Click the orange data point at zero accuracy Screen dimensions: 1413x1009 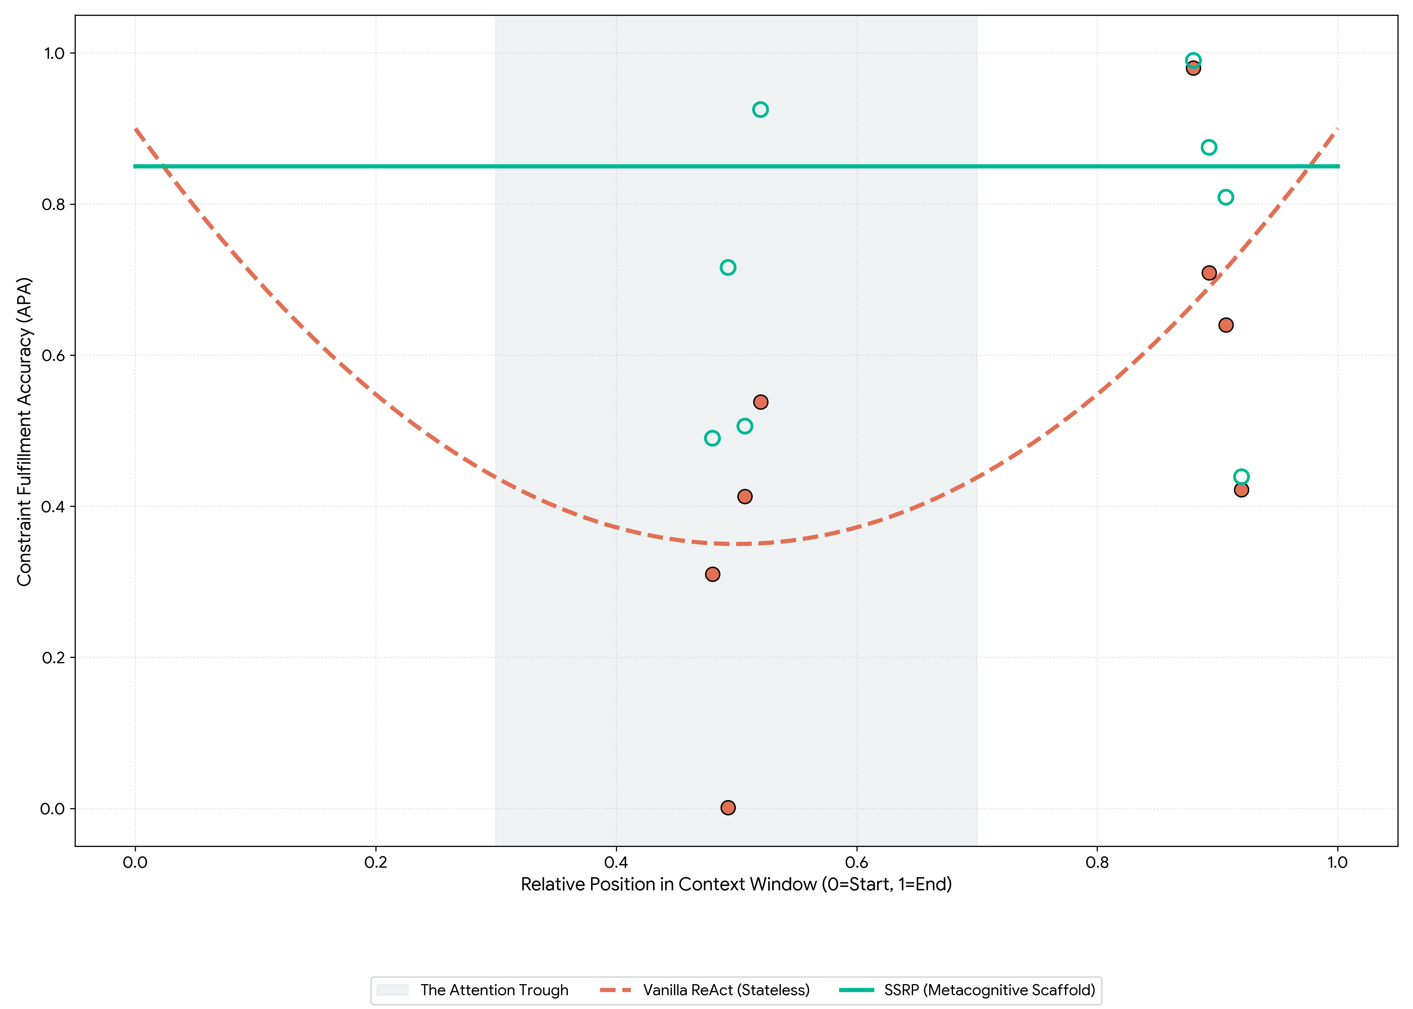pyautogui.click(x=728, y=807)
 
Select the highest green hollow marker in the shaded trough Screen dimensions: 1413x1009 pyautogui.click(x=760, y=109)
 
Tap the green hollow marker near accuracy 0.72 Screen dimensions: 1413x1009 pyautogui.click(x=728, y=267)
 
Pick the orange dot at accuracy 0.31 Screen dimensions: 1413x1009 pyautogui.click(x=712, y=574)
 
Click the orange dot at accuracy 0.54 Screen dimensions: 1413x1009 pyautogui.click(x=760, y=402)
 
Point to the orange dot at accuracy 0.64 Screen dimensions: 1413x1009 pyautogui.click(x=1225, y=325)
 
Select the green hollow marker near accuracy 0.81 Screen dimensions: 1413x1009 pyautogui.click(x=1225, y=197)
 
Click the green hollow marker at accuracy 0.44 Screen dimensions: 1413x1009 pyautogui.click(x=1241, y=477)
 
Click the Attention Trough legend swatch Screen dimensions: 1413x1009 pyautogui.click(x=392, y=990)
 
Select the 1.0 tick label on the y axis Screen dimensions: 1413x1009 pyautogui.click(x=54, y=53)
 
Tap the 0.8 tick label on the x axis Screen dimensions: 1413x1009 pyautogui.click(x=1097, y=862)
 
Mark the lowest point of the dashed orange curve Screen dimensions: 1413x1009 pyautogui.click(x=736, y=544)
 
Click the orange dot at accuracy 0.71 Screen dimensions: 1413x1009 pyautogui.click(x=1208, y=273)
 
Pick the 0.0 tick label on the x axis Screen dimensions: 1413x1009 pyautogui.click(x=135, y=862)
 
